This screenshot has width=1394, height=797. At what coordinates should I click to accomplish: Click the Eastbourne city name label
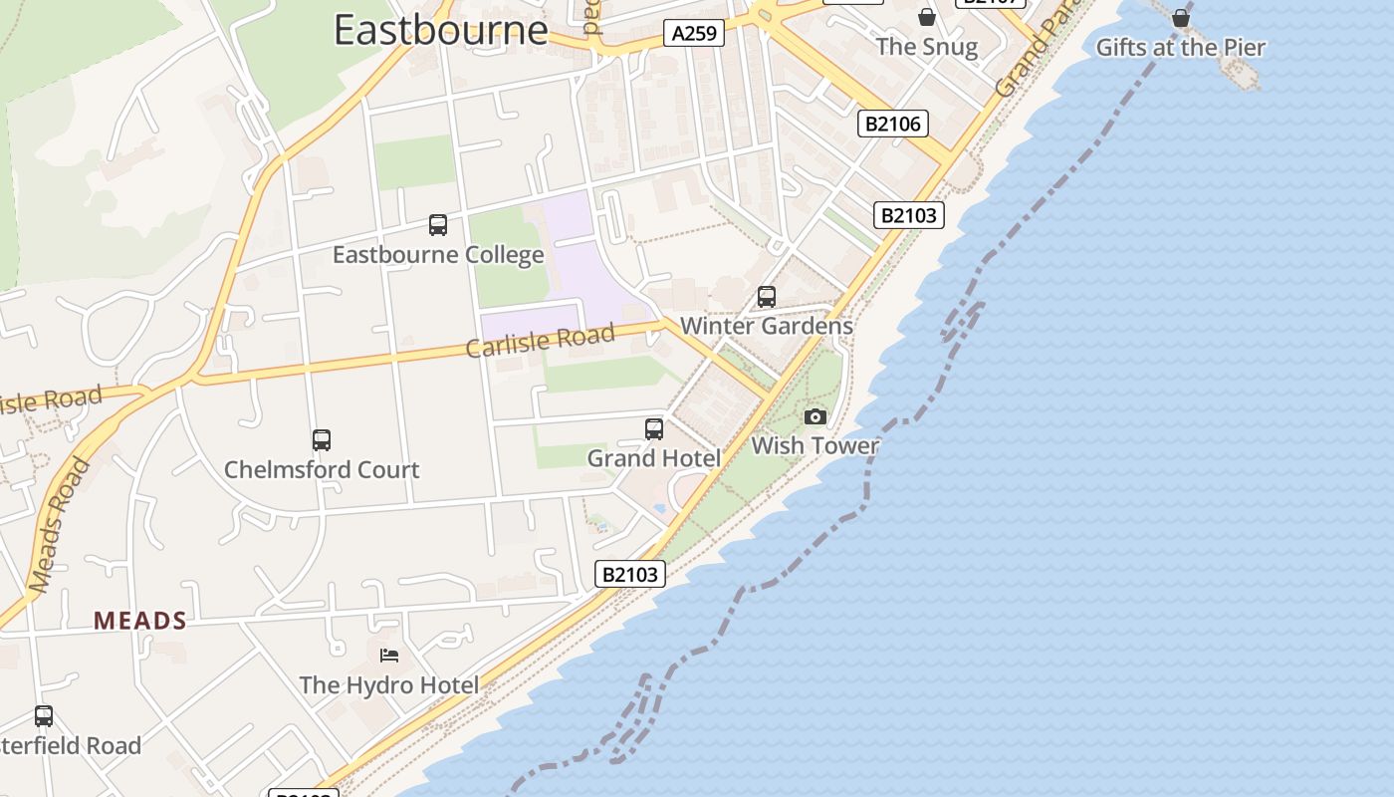(x=440, y=30)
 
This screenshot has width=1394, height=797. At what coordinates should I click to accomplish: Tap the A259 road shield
(x=694, y=34)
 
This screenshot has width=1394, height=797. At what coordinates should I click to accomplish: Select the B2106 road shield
(x=893, y=124)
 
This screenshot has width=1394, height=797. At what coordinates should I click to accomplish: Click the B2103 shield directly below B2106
(x=909, y=215)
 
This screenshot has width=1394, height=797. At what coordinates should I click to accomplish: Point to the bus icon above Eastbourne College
(x=438, y=225)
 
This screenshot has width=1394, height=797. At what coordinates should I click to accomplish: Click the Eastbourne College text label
(x=438, y=255)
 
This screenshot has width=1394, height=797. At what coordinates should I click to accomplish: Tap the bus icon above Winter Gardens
(x=767, y=297)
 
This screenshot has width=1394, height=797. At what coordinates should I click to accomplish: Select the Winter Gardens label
(x=767, y=326)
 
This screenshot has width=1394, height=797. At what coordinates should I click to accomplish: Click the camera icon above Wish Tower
(x=815, y=416)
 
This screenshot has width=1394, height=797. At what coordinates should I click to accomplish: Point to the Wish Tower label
(x=815, y=445)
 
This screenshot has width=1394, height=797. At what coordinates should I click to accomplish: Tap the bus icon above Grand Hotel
(x=654, y=429)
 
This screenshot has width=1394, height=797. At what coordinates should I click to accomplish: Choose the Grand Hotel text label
(x=654, y=458)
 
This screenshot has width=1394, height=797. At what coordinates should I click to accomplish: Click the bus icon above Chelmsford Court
(x=322, y=440)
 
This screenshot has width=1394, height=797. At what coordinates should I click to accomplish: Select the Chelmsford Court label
(x=322, y=469)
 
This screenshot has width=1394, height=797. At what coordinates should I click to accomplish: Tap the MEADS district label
(x=140, y=621)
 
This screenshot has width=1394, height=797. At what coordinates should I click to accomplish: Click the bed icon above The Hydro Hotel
(x=389, y=656)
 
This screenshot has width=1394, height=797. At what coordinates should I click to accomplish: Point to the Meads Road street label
(x=61, y=526)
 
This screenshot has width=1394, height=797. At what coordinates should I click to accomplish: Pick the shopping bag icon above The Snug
(x=927, y=17)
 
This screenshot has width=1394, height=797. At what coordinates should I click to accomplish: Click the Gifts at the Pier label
(x=1181, y=47)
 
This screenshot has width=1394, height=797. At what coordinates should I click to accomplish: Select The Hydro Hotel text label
(x=389, y=685)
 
